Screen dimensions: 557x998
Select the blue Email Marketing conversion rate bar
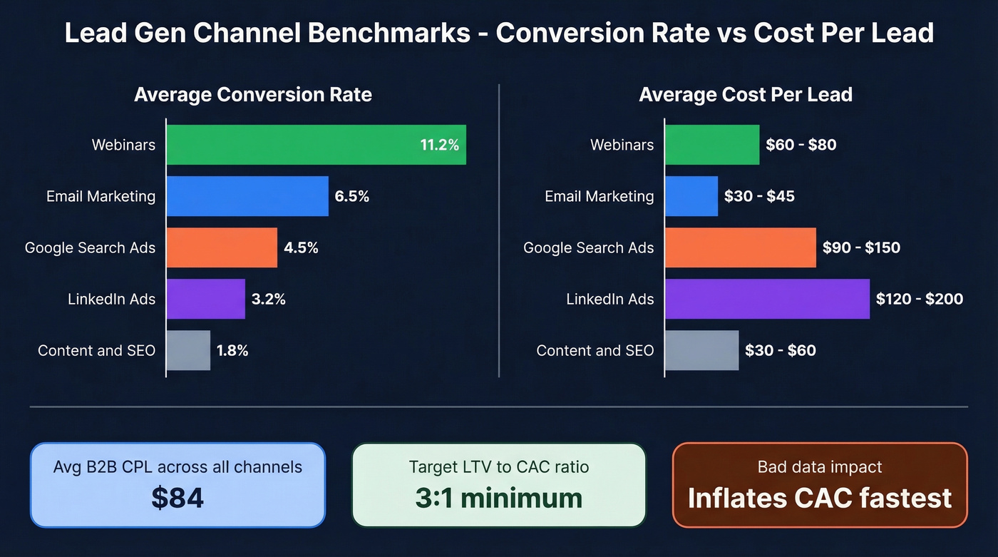247,196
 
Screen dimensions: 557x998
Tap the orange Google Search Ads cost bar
741,247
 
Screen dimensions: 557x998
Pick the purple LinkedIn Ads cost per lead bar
767,299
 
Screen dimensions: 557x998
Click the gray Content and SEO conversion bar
189,350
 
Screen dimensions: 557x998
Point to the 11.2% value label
439,145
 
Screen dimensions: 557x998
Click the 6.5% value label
352,196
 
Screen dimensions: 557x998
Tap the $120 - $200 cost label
920,299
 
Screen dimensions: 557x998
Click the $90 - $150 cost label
861,247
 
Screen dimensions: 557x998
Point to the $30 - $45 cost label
759,196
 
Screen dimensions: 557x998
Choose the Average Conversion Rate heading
253,95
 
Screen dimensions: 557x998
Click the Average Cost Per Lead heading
746,95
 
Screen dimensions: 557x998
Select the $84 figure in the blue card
178,498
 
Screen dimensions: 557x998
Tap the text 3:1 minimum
498,498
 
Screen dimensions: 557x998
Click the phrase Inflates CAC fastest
820,498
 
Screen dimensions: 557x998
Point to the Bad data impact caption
820,467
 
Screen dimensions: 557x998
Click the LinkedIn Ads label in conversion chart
111,299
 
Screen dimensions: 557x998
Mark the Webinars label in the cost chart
622,145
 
